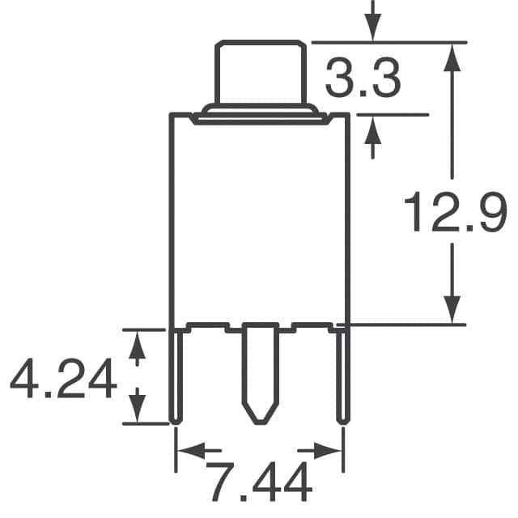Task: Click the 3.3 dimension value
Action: [363, 81]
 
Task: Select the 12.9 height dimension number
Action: [456, 213]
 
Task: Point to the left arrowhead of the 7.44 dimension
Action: [188, 448]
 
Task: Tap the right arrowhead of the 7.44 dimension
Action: [330, 448]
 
